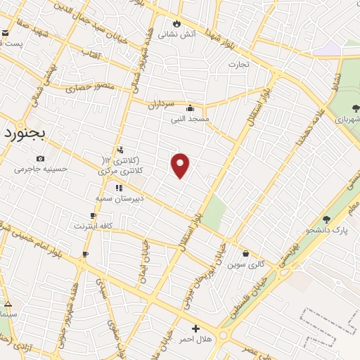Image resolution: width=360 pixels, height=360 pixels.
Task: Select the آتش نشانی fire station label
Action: pos(177,34)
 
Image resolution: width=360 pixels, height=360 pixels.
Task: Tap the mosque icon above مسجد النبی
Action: pos(190,108)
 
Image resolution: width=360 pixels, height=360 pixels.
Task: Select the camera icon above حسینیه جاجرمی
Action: pos(39,158)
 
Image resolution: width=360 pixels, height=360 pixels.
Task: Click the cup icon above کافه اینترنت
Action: pos(92,215)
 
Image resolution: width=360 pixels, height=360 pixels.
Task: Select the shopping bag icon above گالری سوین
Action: pos(245,254)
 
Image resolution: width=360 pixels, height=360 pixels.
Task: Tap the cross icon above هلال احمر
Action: pos(195,328)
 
